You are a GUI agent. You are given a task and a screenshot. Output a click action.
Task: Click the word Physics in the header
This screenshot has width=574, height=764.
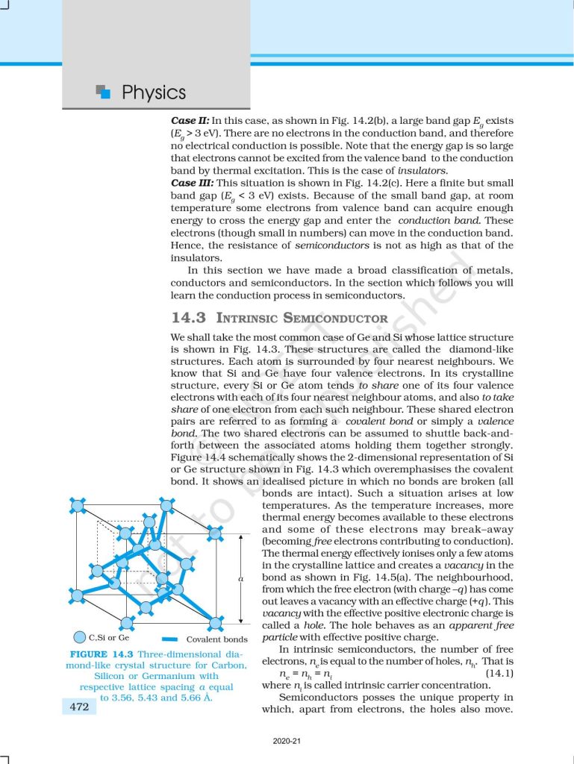click(153, 93)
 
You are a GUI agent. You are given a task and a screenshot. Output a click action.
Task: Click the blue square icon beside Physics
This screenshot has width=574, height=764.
click(104, 92)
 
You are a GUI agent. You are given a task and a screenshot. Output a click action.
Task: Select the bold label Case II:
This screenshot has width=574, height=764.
click(190, 119)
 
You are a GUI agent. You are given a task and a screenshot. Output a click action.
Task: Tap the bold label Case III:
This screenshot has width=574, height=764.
click(192, 183)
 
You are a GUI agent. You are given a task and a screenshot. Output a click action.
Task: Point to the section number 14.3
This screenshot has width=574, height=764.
click(188, 317)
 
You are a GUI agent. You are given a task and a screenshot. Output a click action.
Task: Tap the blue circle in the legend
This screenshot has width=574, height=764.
click(79, 637)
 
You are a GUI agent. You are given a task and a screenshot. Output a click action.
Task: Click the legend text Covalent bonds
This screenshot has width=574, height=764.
click(216, 639)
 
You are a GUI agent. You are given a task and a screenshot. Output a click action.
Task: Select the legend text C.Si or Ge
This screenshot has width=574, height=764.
click(109, 638)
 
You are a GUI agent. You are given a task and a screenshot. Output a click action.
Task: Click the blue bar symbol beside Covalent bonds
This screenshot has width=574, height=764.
click(169, 639)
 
